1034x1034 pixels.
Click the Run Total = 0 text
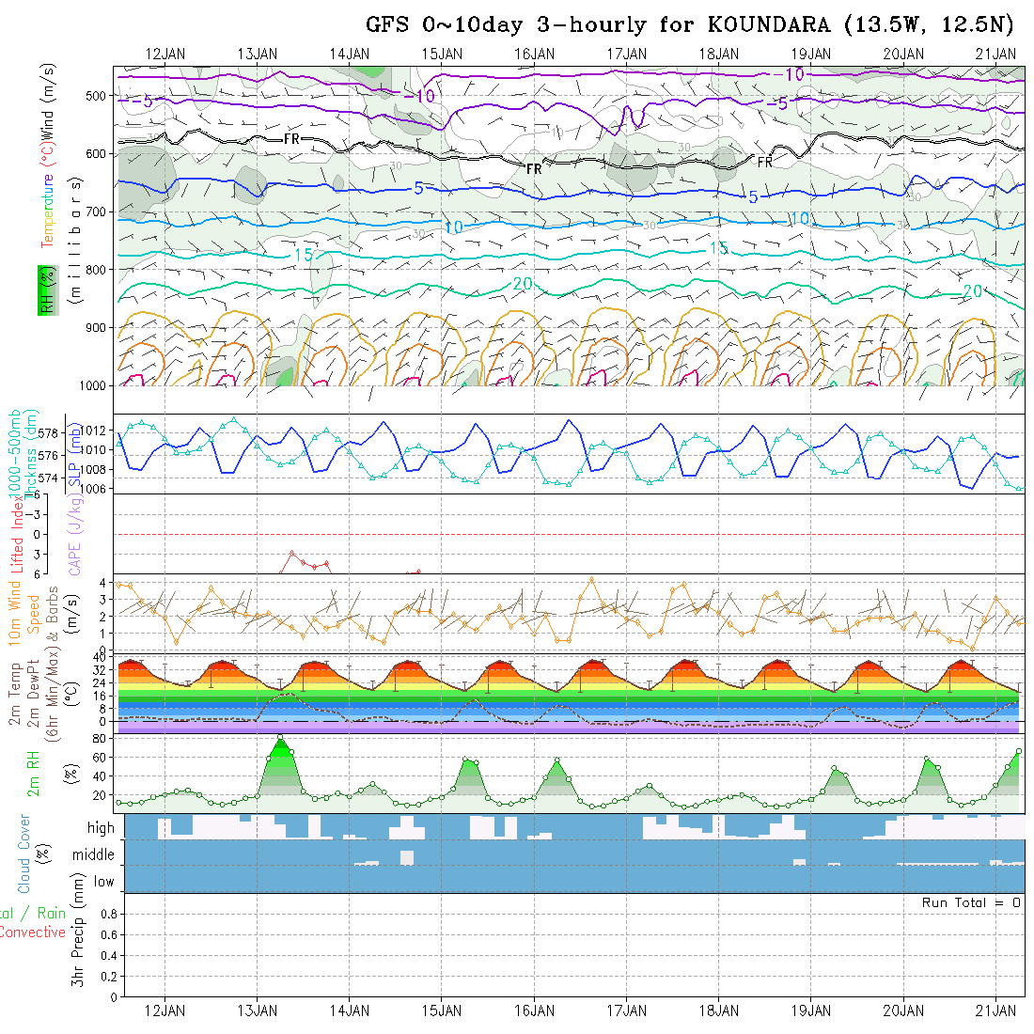971,902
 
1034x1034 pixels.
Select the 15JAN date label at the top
442,54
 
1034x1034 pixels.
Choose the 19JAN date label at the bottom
811,1010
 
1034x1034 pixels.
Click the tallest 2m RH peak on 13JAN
280,737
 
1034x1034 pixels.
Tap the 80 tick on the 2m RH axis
97,739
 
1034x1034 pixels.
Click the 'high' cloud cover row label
101,828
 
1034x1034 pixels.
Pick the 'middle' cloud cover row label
94,855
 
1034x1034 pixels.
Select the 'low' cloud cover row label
103,882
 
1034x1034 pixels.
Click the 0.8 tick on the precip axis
107,914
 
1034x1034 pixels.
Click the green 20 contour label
523,284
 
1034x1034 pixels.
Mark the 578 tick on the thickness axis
50,432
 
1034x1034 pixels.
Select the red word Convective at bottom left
32,932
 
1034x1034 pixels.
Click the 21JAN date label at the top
995,54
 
